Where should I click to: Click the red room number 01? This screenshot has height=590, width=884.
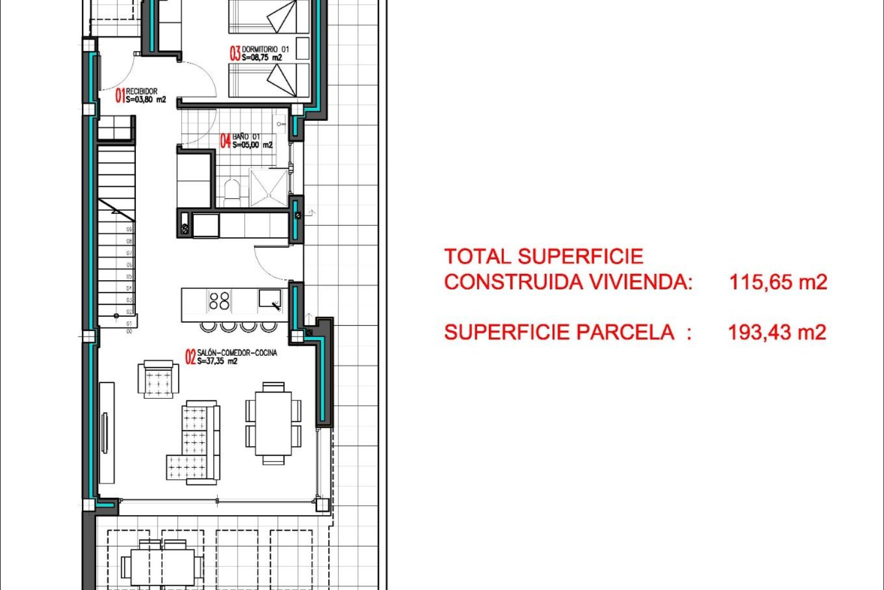[120, 95]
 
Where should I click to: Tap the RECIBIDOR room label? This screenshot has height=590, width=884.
[141, 91]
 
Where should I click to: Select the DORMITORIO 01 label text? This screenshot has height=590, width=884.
[266, 49]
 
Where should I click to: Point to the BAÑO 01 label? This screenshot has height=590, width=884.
[246, 136]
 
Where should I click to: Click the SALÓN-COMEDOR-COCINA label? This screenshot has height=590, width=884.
[237, 353]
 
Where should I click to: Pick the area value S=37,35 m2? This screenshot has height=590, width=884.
[217, 361]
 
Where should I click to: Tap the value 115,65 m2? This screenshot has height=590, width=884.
[778, 282]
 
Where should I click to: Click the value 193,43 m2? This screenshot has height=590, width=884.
[777, 332]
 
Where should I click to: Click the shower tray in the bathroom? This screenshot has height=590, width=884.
[269, 187]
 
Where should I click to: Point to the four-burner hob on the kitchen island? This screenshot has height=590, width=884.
[219, 301]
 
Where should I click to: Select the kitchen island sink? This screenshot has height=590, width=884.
[269, 299]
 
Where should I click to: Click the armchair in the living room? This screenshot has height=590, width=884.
[158, 379]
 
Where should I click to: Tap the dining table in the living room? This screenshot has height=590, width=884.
[273, 423]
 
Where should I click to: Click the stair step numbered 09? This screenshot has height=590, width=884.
[129, 229]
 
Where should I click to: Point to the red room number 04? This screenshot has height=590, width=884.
[225, 141]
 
